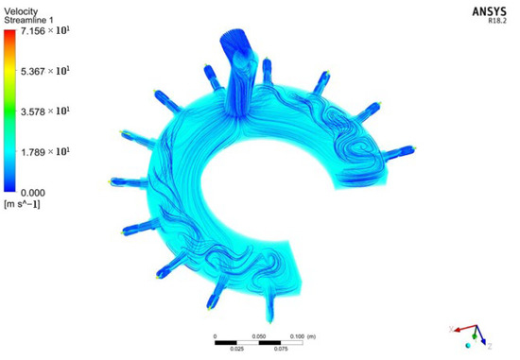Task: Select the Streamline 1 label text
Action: [x=32, y=18]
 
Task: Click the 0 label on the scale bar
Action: [x=216, y=336]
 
